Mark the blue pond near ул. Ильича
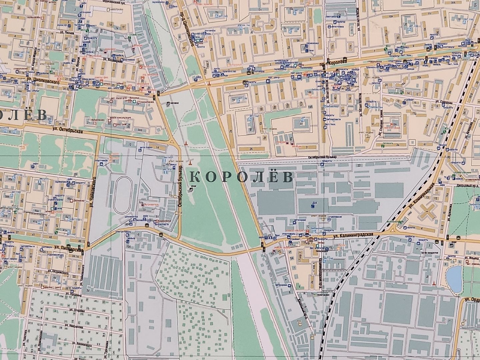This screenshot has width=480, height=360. click(454, 277)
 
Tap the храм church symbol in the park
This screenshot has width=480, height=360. click(191, 190)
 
